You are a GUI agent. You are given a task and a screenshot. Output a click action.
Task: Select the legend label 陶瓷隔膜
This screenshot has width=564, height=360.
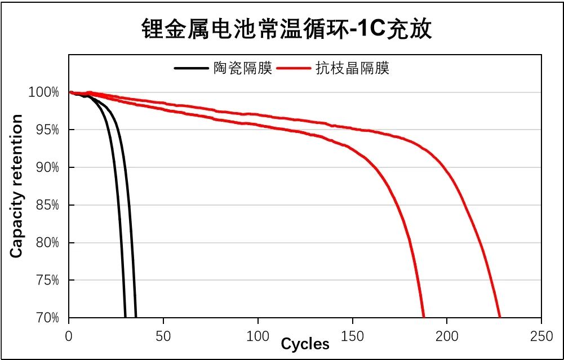tap(243, 69)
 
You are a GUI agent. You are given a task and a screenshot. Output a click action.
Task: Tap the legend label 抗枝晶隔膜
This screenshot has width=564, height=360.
tap(361, 69)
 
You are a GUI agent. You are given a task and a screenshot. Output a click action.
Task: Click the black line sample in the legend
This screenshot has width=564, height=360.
tap(192, 69)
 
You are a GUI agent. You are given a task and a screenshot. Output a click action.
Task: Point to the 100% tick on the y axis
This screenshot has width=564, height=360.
tap(43, 92)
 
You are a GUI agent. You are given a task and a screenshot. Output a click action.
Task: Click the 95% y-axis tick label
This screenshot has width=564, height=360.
tap(46, 130)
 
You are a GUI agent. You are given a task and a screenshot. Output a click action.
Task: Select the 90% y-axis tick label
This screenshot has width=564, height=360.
tap(46, 168)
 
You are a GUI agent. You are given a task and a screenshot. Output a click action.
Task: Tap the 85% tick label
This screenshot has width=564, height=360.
tap(46, 205)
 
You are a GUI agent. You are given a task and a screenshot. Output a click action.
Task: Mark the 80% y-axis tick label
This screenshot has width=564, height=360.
tap(46, 243)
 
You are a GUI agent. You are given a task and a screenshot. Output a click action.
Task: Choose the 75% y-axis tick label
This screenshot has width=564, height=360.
tap(46, 281)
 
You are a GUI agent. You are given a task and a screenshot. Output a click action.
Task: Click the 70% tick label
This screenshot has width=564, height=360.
tap(46, 318)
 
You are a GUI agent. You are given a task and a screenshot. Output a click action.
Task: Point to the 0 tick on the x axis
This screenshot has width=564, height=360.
tap(69, 336)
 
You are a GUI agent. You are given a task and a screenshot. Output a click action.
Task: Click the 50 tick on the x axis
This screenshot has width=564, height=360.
tap(163, 336)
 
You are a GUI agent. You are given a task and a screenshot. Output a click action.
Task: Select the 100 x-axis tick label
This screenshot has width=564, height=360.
tap(257, 336)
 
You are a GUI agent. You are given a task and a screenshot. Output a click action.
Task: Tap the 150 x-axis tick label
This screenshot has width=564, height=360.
tap(352, 336)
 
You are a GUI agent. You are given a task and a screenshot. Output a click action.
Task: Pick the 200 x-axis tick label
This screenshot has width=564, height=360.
tap(447, 336)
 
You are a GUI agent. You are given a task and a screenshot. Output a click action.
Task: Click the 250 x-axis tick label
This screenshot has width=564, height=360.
tap(541, 336)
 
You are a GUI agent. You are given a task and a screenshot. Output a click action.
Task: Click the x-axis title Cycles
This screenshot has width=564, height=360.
tap(305, 344)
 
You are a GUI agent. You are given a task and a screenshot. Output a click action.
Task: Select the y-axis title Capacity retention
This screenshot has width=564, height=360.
tap(17, 186)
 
